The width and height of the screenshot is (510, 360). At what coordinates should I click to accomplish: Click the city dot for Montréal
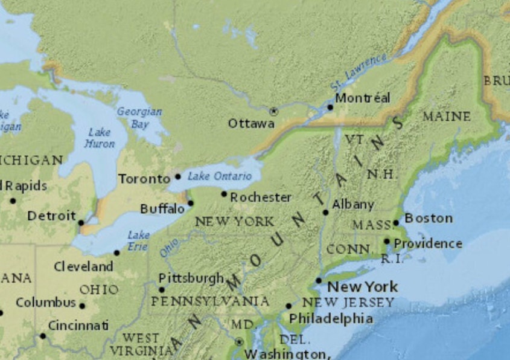[330, 108]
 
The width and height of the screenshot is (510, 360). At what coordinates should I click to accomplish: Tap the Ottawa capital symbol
[273, 111]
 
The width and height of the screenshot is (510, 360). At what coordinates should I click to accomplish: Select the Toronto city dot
[177, 176]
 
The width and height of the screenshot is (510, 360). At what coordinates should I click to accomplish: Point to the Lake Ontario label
[219, 176]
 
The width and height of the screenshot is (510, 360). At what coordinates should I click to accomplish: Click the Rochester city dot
[224, 194]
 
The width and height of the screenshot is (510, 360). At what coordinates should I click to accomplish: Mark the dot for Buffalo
[190, 203]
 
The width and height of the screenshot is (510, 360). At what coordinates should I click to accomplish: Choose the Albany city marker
[326, 212]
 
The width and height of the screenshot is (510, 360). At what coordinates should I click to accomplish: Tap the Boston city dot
[397, 223]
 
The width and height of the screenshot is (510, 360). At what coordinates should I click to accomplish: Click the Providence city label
[428, 243]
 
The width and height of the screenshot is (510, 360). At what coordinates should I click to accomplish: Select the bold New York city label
[363, 286]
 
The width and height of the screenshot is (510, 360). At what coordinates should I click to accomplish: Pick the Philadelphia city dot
[288, 306]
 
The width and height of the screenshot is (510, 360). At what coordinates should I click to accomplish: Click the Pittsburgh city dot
[162, 289]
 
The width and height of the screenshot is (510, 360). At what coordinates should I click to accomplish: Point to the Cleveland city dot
[116, 252]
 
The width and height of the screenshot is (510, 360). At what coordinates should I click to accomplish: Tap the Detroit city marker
[81, 222]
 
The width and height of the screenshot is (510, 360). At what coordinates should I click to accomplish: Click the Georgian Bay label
[139, 118]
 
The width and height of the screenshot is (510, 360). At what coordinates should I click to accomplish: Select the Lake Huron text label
[100, 138]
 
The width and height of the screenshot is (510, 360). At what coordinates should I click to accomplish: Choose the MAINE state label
[447, 116]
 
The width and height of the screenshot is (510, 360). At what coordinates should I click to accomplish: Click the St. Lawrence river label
[359, 73]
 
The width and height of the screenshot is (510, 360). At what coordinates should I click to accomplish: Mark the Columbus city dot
[82, 306]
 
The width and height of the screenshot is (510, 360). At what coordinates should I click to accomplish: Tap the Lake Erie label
[139, 240]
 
